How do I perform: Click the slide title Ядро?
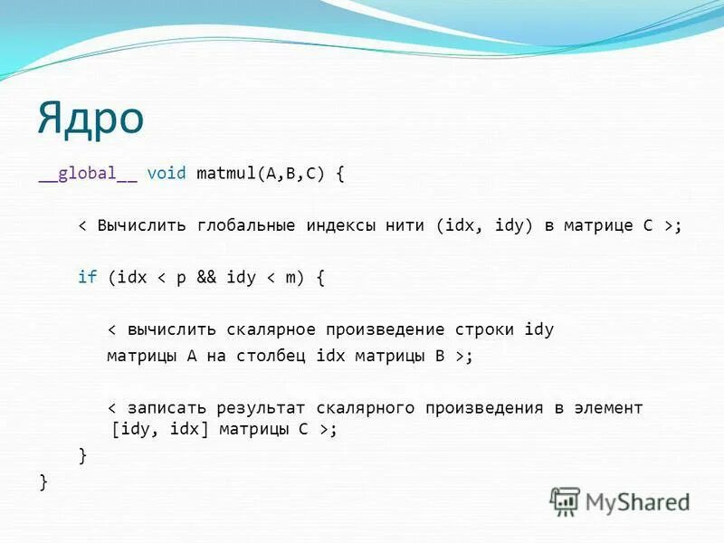(x=90, y=118)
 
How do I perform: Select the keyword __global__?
(x=88, y=174)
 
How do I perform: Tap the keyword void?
(x=167, y=174)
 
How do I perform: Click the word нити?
(x=407, y=225)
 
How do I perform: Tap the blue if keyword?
(x=87, y=278)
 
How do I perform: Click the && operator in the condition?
(x=206, y=278)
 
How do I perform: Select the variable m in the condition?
(x=290, y=278)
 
